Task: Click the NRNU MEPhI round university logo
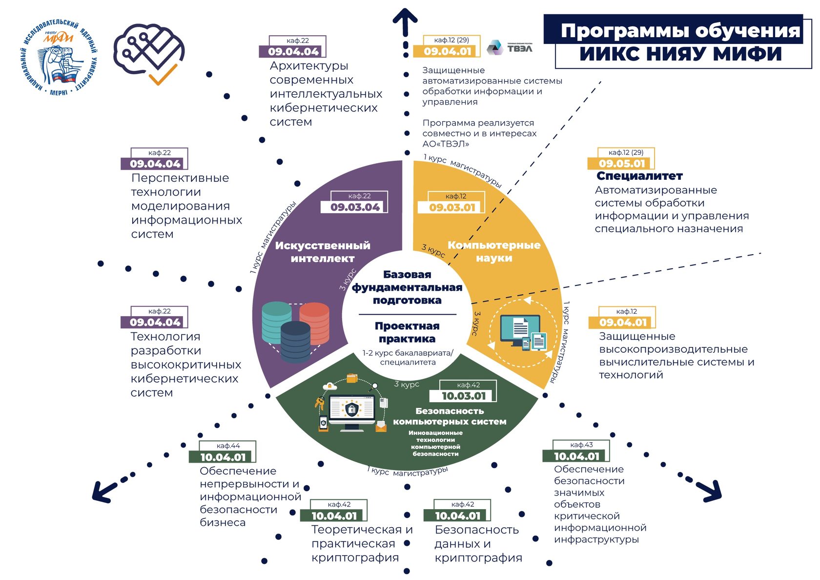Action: pos(60,58)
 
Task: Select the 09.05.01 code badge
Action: pos(622,164)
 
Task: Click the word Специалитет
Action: pos(639,176)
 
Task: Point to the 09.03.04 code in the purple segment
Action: pos(355,207)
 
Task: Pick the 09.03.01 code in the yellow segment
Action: pos(452,207)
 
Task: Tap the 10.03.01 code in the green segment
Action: pos(464,396)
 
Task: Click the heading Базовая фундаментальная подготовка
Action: pos(407,287)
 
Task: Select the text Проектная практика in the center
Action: pos(407,332)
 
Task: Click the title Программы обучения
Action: pos(680,31)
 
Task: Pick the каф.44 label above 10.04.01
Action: pos(228,446)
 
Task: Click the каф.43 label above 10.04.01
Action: pos(581,445)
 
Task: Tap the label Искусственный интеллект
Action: pos(323,252)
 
